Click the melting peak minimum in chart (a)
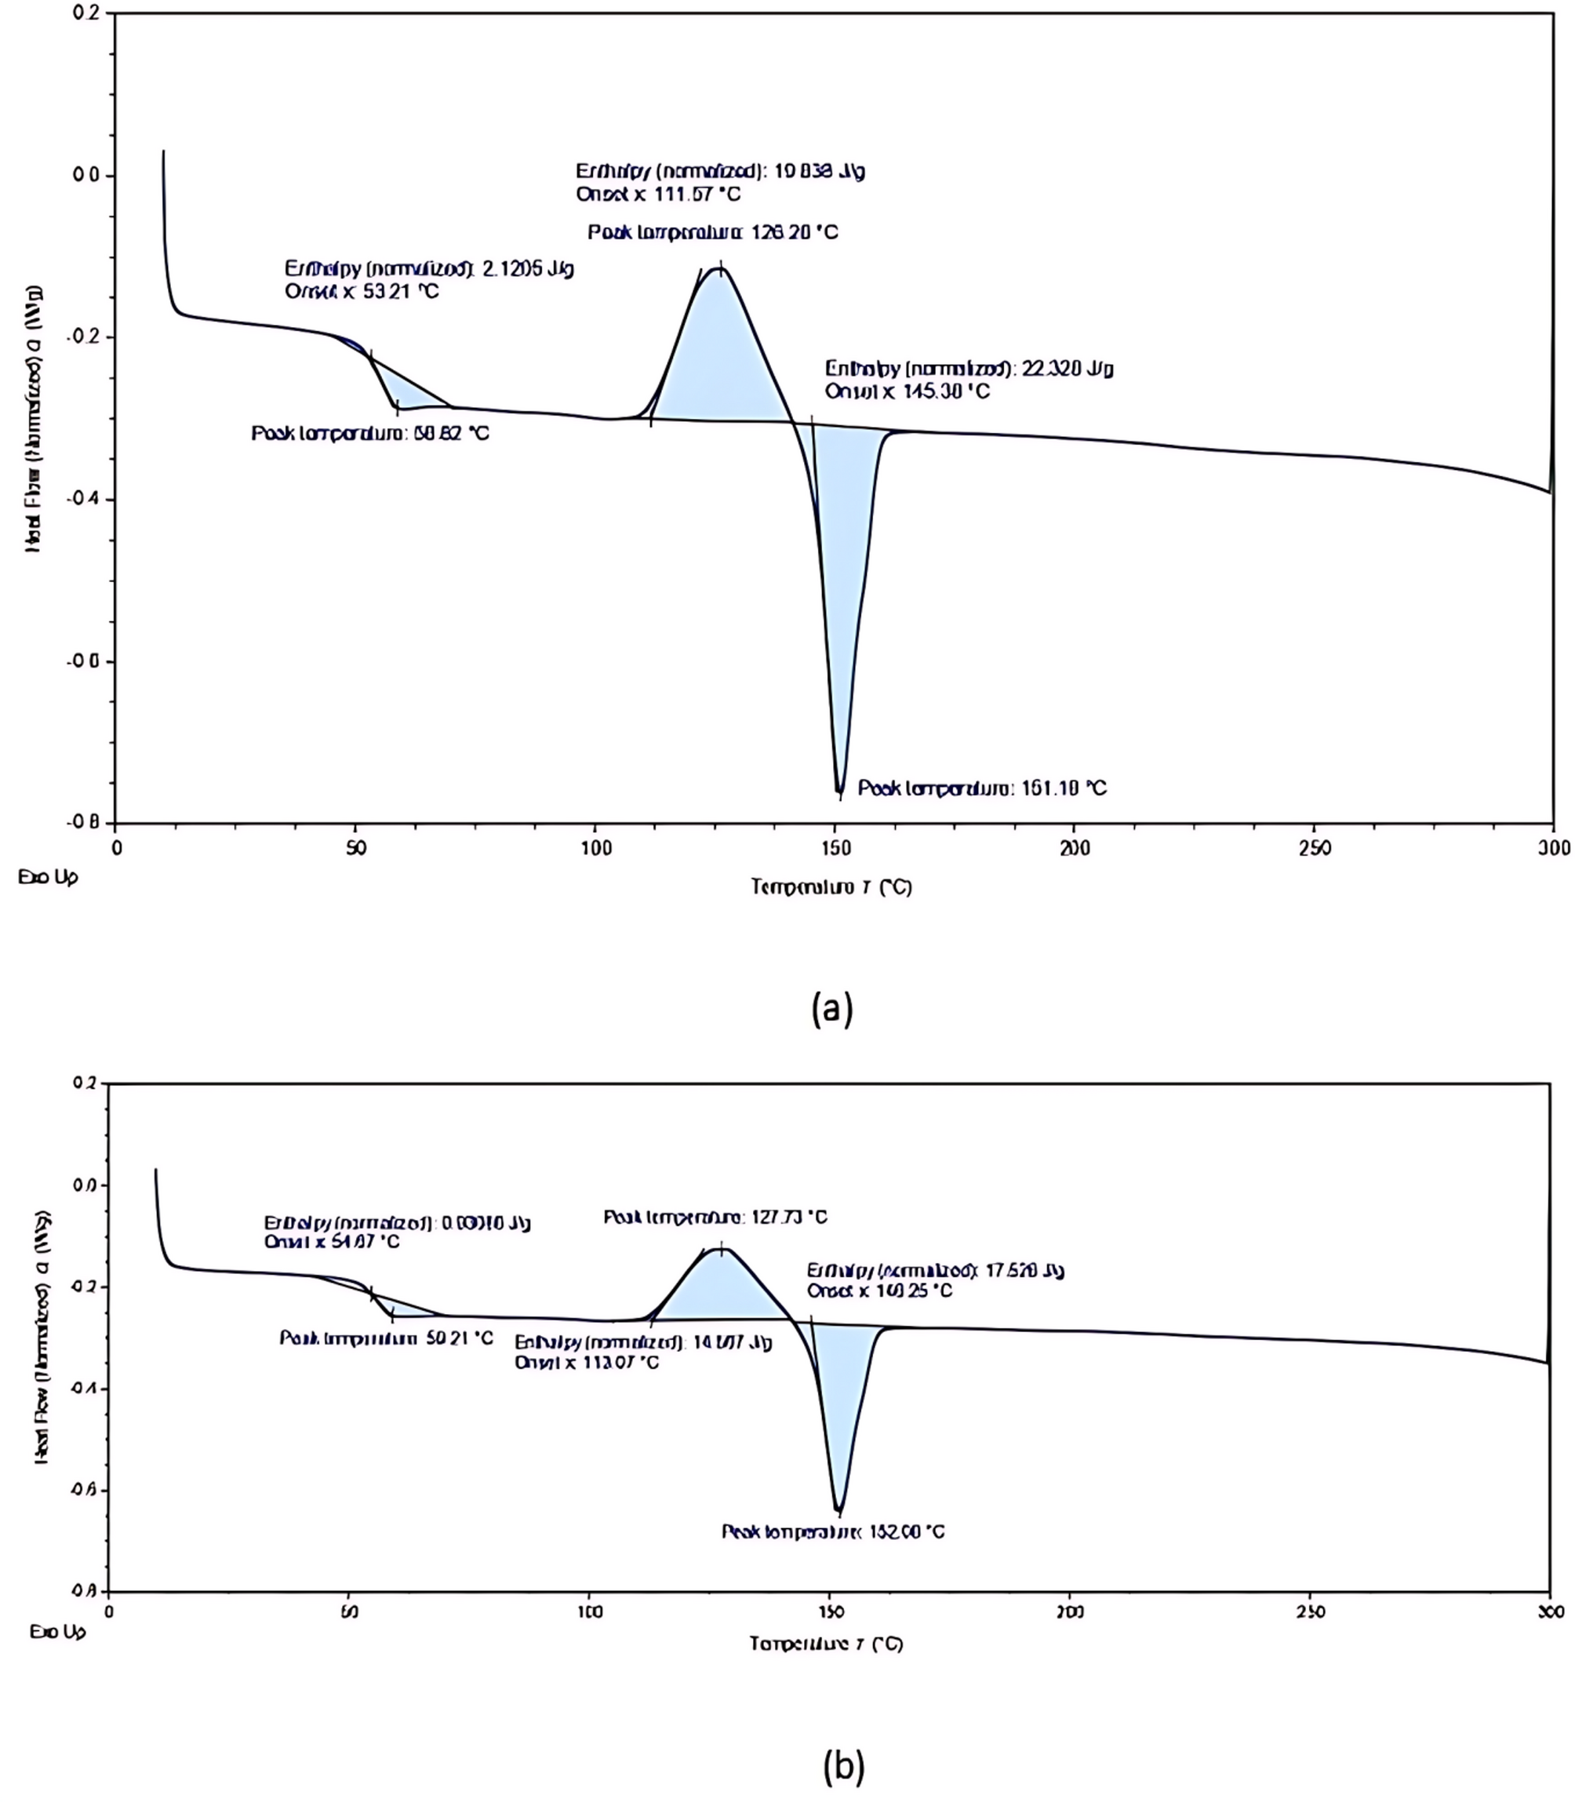pos(839,791)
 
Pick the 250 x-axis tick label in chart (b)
pos(1310,1612)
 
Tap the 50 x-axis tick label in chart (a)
pos(355,847)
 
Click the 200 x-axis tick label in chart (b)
pos(1070,1612)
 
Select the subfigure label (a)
pos(831,1008)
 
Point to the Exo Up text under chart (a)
pos(48,876)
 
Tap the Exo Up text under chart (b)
pos(58,1632)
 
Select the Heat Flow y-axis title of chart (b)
pos(42,1337)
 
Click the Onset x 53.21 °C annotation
pos(362,291)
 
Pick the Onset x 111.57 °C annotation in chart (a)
pos(657,194)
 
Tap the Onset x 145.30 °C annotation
pos(906,391)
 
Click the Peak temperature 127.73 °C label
pos(715,1217)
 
